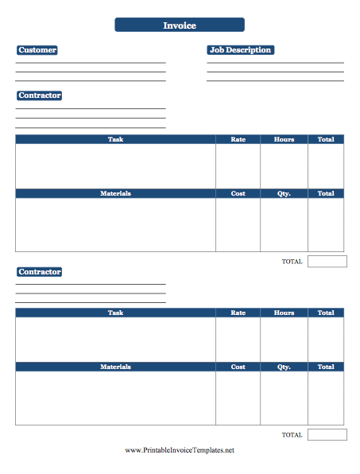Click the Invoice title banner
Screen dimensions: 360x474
tap(180, 25)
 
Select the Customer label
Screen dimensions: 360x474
tap(37, 50)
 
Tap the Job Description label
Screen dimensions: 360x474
tap(240, 50)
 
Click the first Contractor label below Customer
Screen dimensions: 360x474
tap(40, 95)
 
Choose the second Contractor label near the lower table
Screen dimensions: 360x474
tap(40, 272)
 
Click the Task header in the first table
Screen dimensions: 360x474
tap(115, 139)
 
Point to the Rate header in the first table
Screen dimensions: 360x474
tap(238, 139)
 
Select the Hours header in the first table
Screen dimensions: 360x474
tap(284, 139)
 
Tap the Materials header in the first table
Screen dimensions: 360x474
tap(115, 193)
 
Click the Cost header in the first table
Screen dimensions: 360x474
tap(238, 193)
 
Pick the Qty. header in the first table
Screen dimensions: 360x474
tap(284, 193)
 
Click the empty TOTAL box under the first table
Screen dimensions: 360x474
tap(327, 261)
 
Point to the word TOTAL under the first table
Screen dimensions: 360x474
tap(292, 261)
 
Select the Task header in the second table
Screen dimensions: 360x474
tap(115, 313)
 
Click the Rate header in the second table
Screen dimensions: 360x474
tap(238, 313)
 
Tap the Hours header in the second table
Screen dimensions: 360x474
tap(284, 313)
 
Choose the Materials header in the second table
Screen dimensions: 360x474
tap(115, 367)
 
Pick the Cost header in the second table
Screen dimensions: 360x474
tap(238, 367)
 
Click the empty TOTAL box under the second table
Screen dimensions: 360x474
tap(327, 434)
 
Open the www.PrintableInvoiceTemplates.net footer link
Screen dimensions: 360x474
tap(180, 451)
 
